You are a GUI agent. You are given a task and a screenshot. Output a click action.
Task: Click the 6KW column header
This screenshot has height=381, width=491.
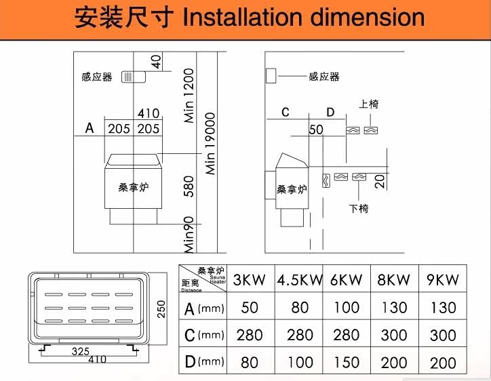(x=347, y=279)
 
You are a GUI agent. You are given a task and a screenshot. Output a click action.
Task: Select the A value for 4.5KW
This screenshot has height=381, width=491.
(x=299, y=308)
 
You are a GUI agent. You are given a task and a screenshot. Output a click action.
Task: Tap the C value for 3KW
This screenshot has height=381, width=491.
(x=250, y=334)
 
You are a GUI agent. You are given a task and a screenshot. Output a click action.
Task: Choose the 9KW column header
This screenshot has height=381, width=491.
(x=443, y=279)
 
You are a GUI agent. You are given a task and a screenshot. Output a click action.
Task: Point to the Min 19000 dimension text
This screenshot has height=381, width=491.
(x=211, y=143)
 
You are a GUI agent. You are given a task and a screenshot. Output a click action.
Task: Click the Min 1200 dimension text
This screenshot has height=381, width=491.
(x=189, y=95)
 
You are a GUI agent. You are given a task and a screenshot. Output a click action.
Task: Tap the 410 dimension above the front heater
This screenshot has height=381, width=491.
(x=149, y=114)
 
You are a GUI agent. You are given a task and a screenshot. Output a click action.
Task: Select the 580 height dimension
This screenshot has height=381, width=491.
(x=189, y=187)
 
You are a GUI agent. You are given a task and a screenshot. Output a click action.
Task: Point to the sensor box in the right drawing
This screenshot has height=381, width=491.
(x=271, y=76)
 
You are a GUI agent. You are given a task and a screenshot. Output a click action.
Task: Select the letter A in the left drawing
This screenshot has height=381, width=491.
(x=90, y=127)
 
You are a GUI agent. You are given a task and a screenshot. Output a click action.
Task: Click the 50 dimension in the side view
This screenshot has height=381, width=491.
(x=316, y=129)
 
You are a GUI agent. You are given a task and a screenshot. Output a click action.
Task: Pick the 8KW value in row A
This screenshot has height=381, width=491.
(x=394, y=308)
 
